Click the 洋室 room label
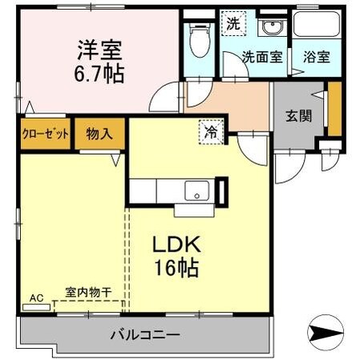click(99, 49)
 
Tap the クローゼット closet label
click(45, 133)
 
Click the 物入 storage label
click(99, 133)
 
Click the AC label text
click(35, 298)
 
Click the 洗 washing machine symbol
click(233, 24)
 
